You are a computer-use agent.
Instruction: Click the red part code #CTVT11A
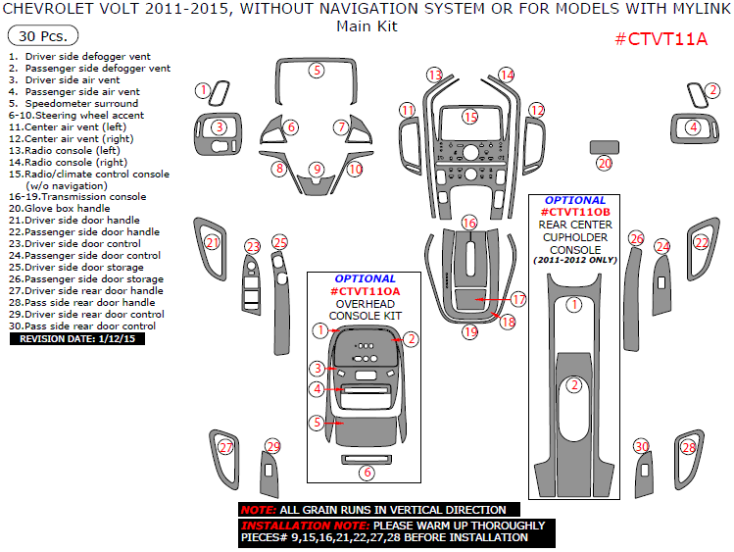click(x=661, y=39)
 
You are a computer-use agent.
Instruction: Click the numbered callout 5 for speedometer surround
click(x=317, y=70)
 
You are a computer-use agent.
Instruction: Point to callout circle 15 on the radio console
click(x=470, y=117)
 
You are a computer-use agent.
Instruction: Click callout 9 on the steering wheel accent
click(x=317, y=170)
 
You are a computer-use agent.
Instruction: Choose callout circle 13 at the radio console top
click(x=434, y=75)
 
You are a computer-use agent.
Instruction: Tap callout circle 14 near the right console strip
click(x=506, y=75)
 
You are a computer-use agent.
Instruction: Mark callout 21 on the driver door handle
click(x=212, y=242)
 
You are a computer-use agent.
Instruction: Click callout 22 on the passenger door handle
click(x=701, y=242)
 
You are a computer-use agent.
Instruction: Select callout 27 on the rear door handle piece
click(x=226, y=448)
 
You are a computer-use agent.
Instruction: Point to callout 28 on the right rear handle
click(x=688, y=448)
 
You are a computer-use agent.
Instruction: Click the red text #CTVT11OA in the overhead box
click(x=365, y=291)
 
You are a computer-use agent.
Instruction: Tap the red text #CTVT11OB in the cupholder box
click(x=575, y=212)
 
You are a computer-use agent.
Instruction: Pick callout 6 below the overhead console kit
click(x=367, y=473)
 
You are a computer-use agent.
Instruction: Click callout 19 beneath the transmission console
click(x=470, y=332)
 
